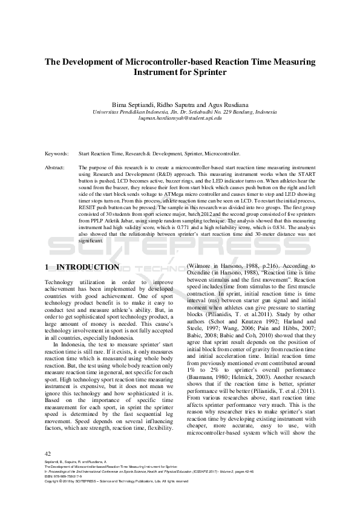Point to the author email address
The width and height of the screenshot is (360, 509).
click(x=180, y=118)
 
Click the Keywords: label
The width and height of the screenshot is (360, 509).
click(x=57, y=154)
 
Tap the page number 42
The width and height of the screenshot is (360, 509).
click(x=48, y=453)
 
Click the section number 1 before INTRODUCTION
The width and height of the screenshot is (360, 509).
click(x=48, y=267)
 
